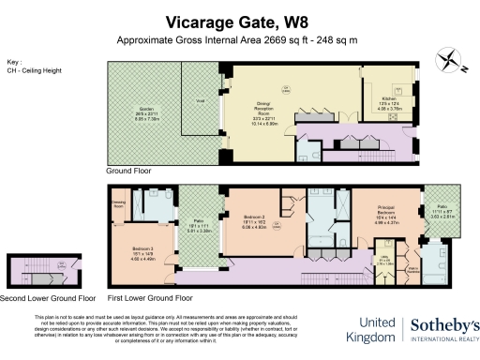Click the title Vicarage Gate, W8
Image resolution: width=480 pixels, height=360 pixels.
[239, 22]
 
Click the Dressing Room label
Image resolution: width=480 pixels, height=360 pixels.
[119, 202]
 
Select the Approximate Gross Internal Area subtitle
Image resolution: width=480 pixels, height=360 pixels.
[239, 40]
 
